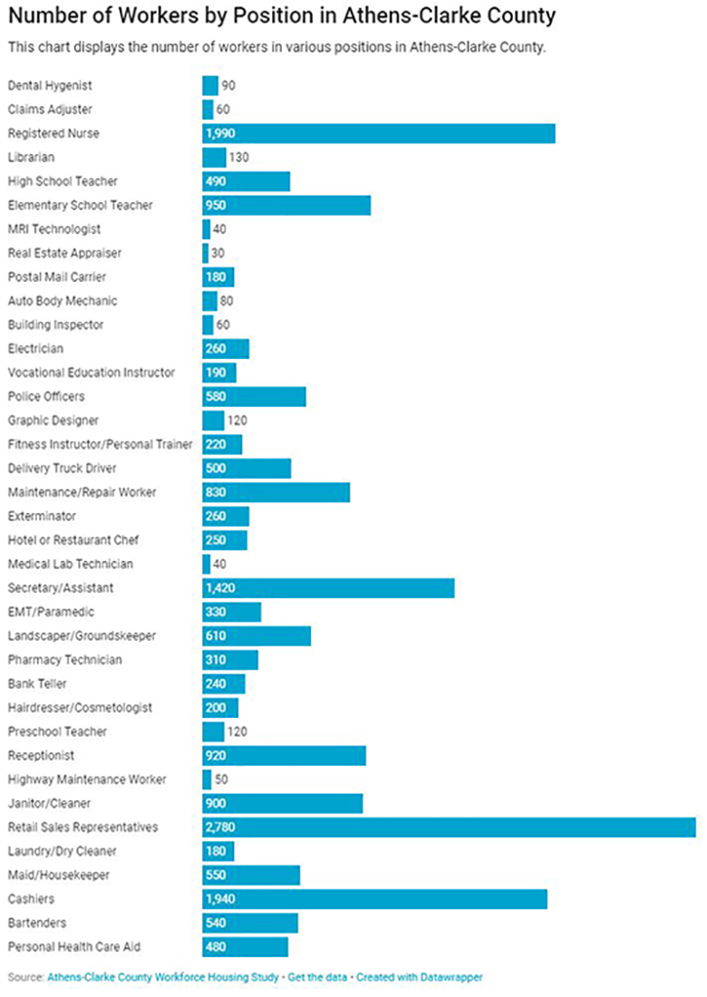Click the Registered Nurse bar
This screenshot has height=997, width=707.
coord(378,134)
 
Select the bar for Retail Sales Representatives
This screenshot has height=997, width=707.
coord(449,828)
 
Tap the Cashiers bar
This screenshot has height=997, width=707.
coord(374,899)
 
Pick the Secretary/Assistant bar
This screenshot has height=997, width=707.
coord(328,588)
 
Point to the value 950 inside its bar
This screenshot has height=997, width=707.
coord(217,206)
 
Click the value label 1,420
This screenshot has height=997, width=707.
coord(222,588)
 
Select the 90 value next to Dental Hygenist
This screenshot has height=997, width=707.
coord(228,86)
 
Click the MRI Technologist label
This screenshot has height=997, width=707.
coord(54,229)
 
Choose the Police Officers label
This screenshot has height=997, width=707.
coord(46,397)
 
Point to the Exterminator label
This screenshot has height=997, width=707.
coord(42,517)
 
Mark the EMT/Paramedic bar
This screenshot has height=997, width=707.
coord(231,612)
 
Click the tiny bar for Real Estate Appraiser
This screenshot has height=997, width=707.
coord(205,253)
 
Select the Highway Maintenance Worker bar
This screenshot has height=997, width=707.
coord(207,779)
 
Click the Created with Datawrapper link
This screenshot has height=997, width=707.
coord(419,978)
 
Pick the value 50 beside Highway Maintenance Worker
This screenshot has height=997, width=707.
coord(222,779)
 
